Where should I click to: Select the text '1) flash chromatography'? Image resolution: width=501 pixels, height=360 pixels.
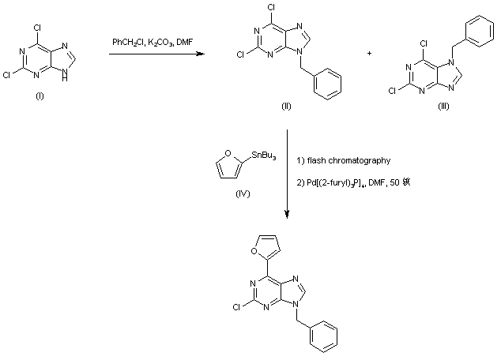[343, 161]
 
